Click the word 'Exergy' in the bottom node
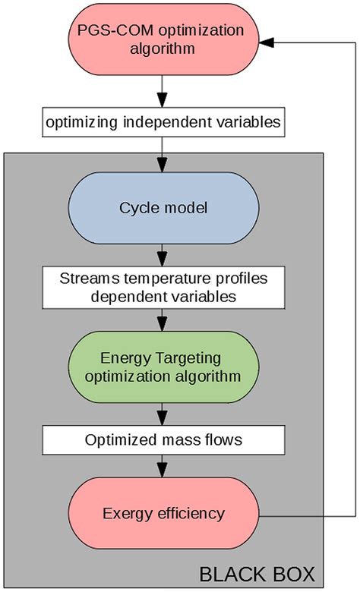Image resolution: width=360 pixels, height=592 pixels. pos(125,515)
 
